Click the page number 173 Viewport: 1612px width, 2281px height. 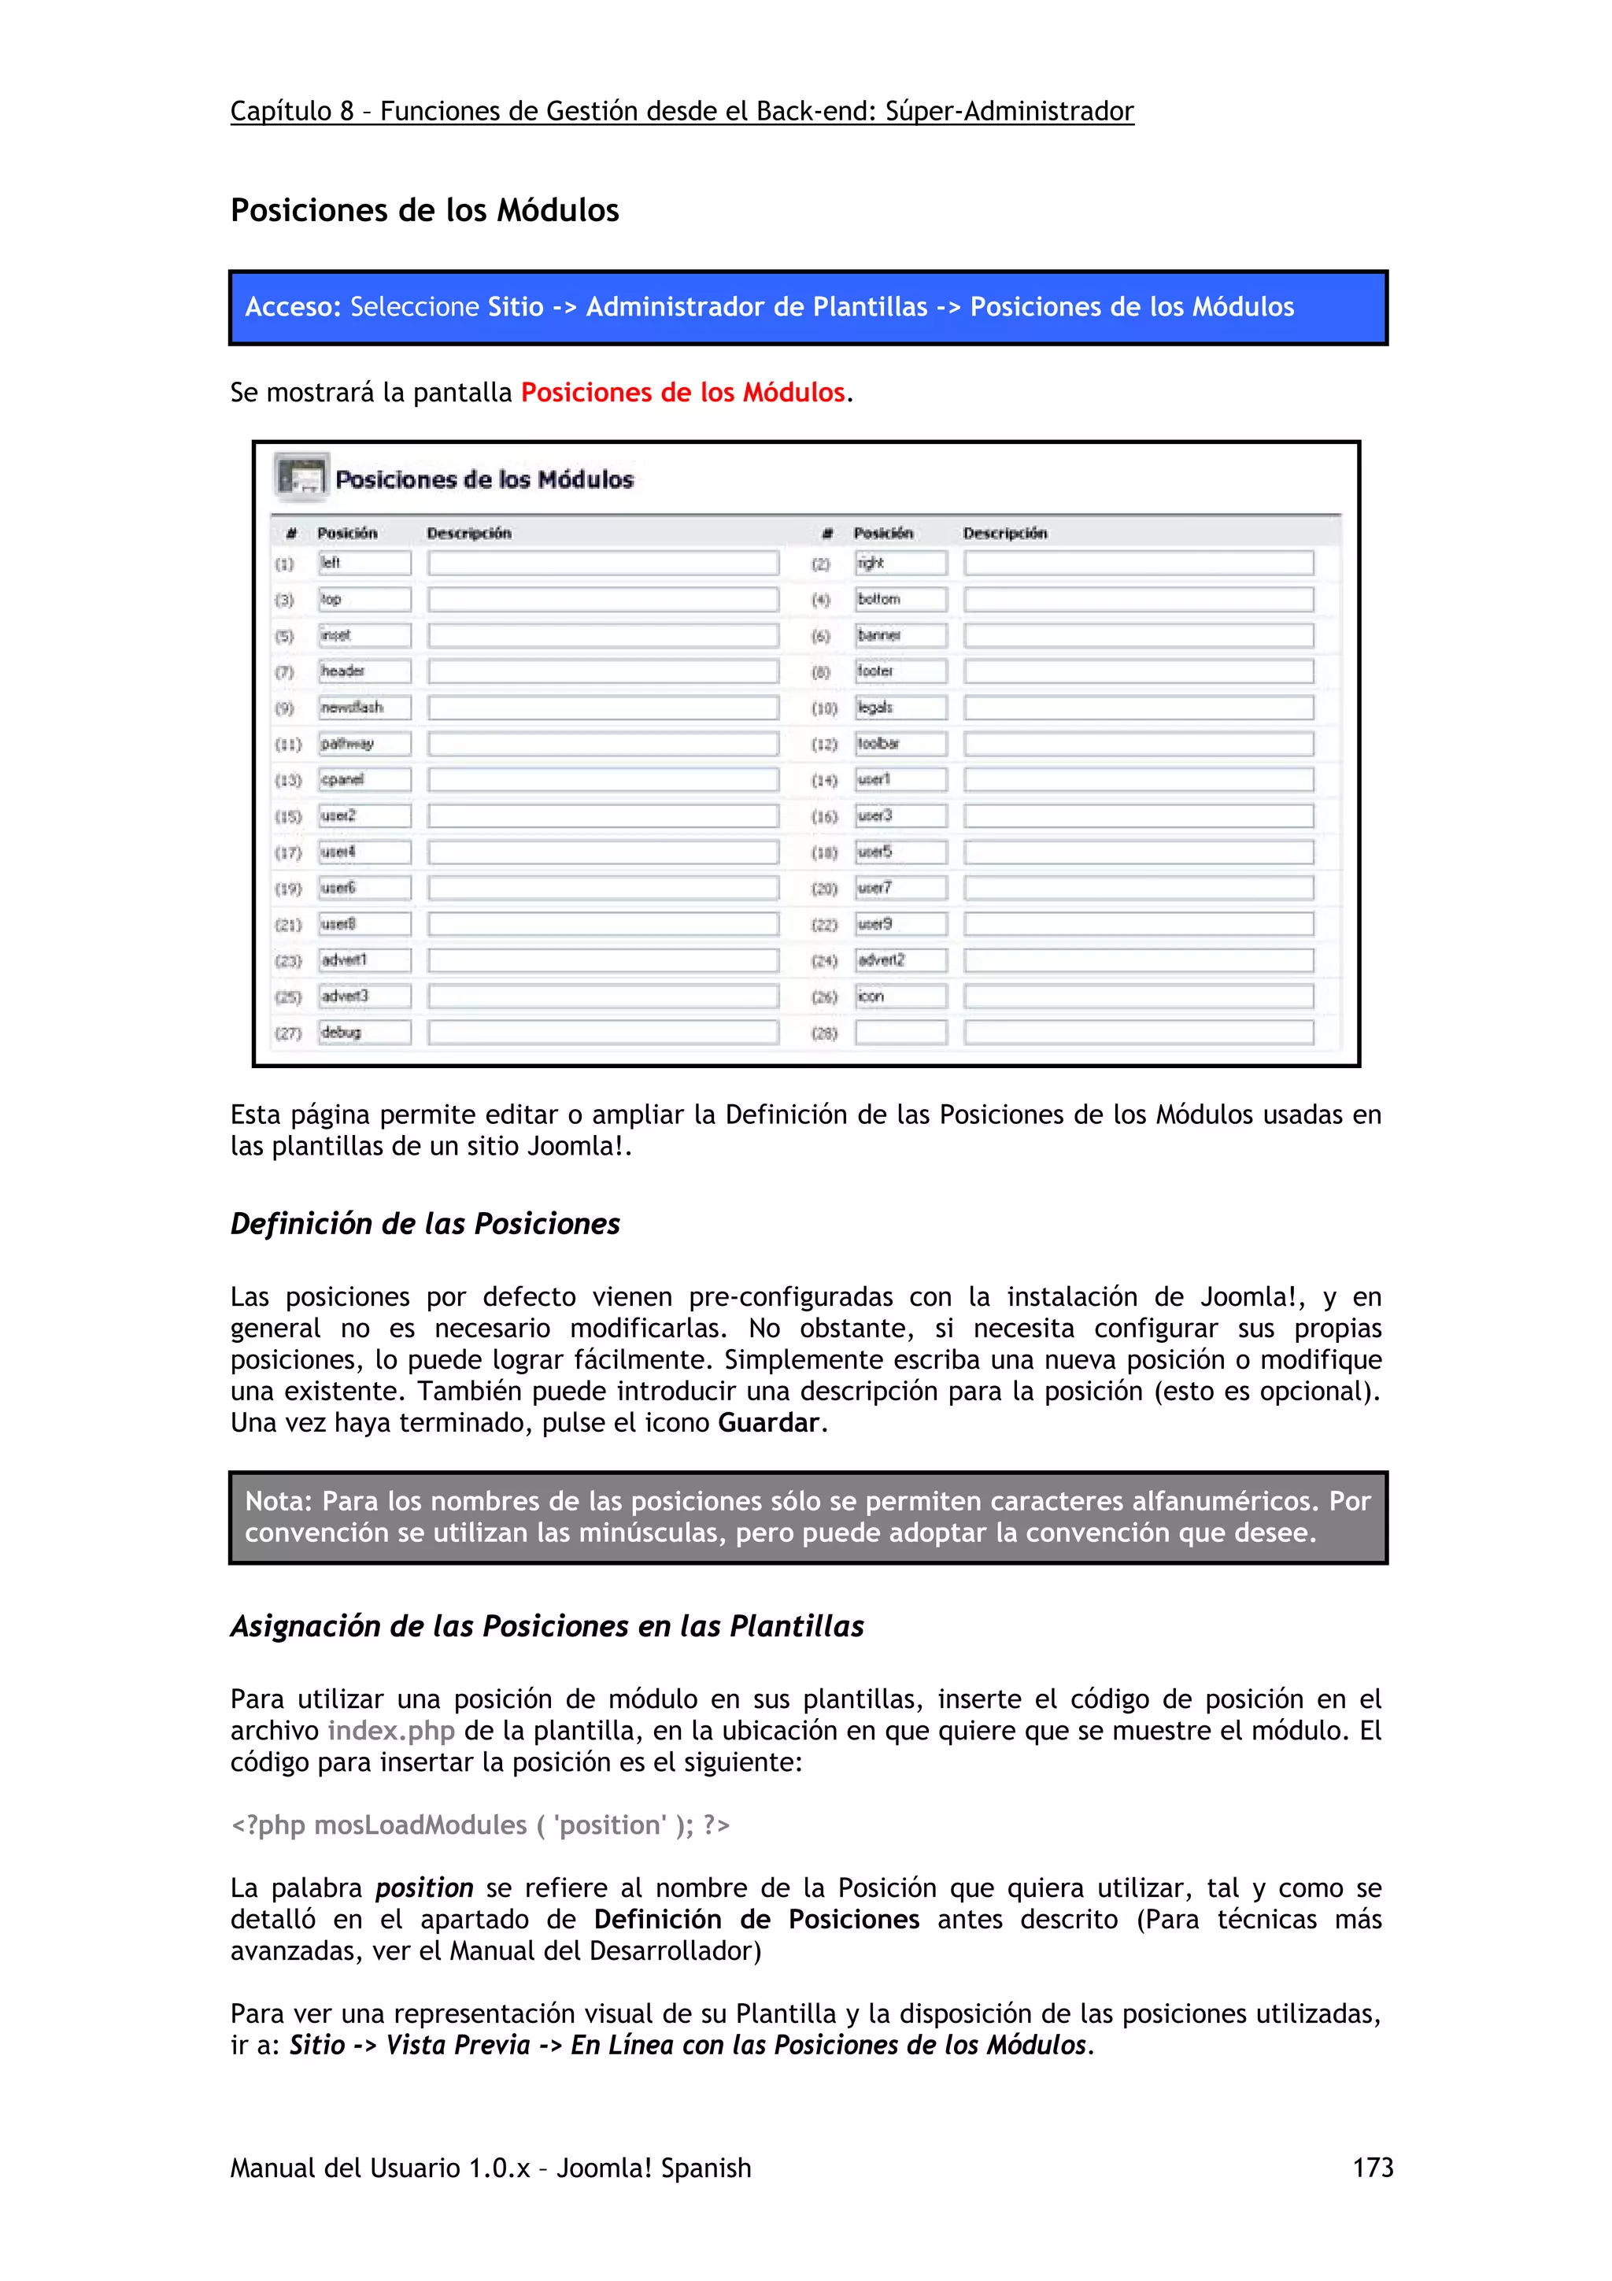(1372, 2167)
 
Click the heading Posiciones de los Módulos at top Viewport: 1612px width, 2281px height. (424, 211)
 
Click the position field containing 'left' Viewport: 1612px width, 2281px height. (364, 564)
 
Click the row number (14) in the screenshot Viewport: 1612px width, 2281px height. (824, 781)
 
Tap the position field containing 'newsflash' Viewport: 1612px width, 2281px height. (364, 708)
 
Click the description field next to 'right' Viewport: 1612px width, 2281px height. (1138, 564)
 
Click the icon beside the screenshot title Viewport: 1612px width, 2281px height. (301, 477)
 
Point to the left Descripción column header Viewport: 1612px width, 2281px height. (469, 534)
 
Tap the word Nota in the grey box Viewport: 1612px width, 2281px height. (277, 1500)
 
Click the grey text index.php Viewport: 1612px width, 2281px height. (391, 1731)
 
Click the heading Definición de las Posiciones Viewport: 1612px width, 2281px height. (424, 1224)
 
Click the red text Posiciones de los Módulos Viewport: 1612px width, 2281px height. (682, 393)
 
